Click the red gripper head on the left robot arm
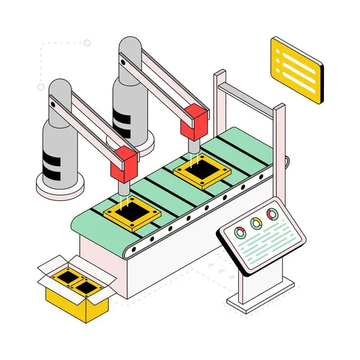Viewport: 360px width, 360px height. pyautogui.click(x=125, y=163)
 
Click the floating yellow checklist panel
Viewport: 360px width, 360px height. pyautogui.click(x=296, y=70)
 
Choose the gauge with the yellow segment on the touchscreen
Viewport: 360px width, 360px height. pyautogui.click(x=256, y=224)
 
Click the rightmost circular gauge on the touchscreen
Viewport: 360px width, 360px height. pyautogui.click(x=272, y=214)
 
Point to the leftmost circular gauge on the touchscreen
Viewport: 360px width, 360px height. pyautogui.click(x=240, y=233)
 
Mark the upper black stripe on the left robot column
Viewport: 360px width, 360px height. pyautogui.click(x=52, y=157)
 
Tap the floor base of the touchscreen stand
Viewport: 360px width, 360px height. pyautogui.click(x=258, y=301)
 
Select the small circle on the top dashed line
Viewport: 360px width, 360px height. pyautogui.click(x=87, y=43)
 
